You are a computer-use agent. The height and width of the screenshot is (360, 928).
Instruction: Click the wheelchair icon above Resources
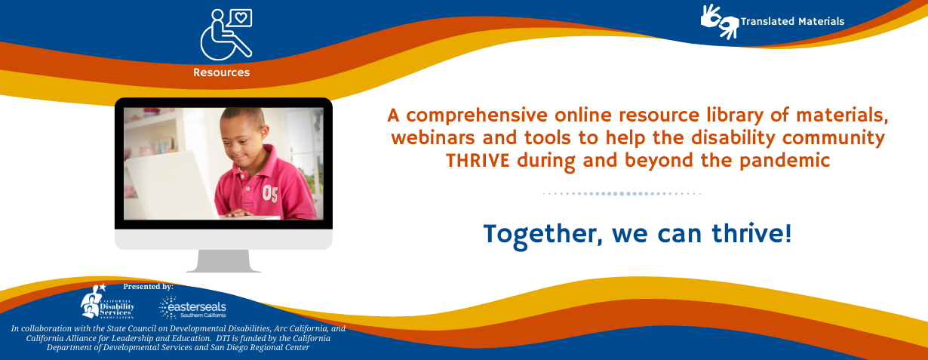(x=226, y=35)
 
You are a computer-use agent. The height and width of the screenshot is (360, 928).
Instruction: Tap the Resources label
(x=222, y=72)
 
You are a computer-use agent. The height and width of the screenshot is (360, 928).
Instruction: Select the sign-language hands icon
(x=720, y=22)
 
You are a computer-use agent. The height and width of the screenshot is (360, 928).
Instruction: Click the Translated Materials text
(x=792, y=22)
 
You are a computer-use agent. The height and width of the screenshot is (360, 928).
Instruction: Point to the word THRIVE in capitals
(x=478, y=161)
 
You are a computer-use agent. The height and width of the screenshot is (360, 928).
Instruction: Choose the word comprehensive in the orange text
(x=477, y=116)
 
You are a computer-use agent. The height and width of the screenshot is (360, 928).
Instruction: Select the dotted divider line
(x=622, y=193)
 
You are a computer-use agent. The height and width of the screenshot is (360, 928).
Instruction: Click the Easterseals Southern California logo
(x=193, y=307)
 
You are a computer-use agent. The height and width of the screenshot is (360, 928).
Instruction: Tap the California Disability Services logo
(x=107, y=301)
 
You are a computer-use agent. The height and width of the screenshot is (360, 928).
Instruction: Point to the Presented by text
(x=148, y=287)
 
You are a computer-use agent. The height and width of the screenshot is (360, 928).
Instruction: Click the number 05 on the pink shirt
(x=269, y=193)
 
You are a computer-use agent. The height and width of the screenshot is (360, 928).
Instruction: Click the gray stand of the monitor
(x=223, y=261)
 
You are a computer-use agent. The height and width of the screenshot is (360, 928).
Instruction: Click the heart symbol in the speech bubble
(x=241, y=18)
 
